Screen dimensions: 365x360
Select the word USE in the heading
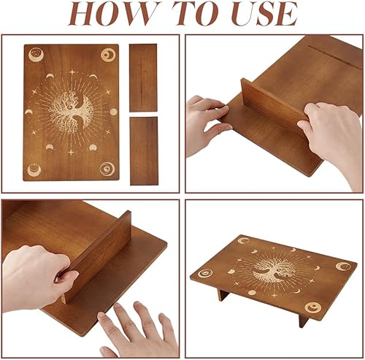coord(264,13)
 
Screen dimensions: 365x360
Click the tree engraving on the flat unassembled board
coord(71,112)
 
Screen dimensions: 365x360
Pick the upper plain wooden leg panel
coord(143,77)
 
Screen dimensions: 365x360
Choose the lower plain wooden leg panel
coord(144,151)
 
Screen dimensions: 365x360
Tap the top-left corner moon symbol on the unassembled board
coord(36,55)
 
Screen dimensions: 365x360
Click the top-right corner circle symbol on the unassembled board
coord(108,55)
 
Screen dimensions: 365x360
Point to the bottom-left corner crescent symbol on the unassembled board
coord(34,169)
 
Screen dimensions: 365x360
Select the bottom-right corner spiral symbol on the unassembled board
coord(107,169)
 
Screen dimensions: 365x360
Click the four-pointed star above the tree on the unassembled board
coord(72,72)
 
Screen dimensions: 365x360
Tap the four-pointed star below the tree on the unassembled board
coord(71,153)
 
